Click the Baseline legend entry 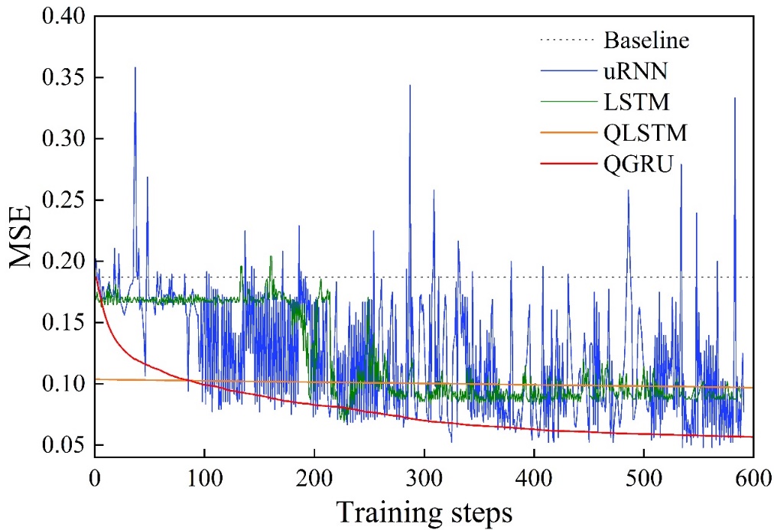(646, 39)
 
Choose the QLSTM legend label (646, 133)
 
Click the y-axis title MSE (23, 236)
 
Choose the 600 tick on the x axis (753, 476)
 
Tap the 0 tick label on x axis (95, 476)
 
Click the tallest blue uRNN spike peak (135, 67)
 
